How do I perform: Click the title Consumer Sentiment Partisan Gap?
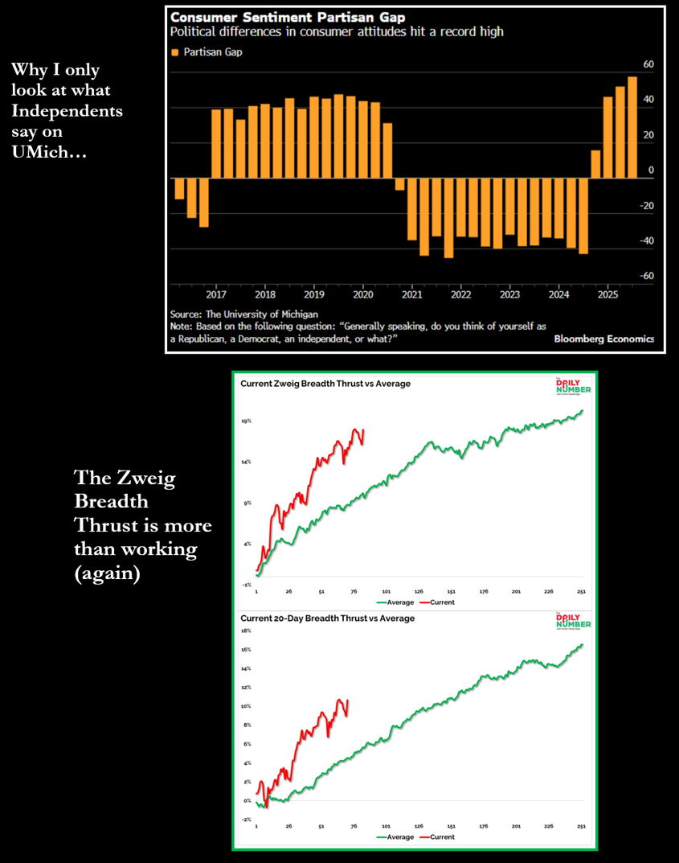(x=288, y=17)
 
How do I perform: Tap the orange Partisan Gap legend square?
(x=174, y=52)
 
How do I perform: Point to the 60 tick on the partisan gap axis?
(x=648, y=64)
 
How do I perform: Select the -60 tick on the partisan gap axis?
(x=647, y=276)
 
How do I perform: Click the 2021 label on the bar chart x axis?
(x=412, y=294)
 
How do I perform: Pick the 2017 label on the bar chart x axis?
(x=216, y=294)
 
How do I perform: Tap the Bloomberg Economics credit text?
(x=603, y=339)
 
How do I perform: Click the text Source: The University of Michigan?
(x=244, y=314)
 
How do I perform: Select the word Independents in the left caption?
(x=67, y=111)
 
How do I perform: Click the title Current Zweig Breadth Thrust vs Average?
(x=325, y=384)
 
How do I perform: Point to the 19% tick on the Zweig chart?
(x=246, y=421)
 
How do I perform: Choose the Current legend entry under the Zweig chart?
(x=437, y=602)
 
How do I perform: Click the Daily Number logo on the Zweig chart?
(x=573, y=388)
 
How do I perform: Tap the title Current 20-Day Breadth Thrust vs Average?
(x=328, y=618)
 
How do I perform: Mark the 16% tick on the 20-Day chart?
(x=246, y=650)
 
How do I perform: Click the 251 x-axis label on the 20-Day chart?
(x=581, y=826)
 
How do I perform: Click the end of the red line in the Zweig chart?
(x=363, y=429)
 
